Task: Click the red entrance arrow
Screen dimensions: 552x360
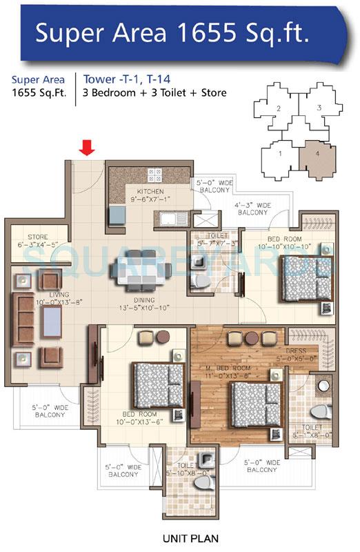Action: click(x=86, y=147)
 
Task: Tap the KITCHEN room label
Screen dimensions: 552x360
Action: click(x=150, y=191)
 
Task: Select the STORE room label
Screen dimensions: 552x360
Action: click(x=38, y=237)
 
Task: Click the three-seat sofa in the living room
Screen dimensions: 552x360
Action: click(x=24, y=316)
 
